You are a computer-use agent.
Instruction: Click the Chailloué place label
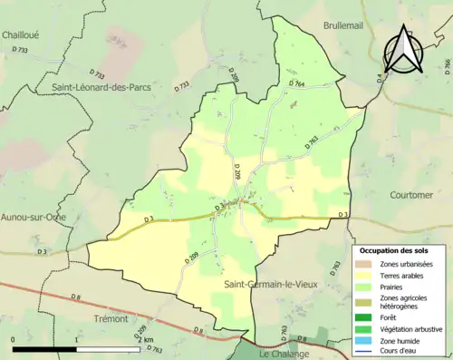point(20,34)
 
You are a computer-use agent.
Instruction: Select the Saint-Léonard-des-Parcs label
point(101,87)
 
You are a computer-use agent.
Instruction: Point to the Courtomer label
point(410,194)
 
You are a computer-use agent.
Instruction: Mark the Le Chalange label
point(284,354)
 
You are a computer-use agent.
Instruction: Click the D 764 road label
point(298,83)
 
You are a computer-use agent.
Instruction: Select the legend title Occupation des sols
point(396,250)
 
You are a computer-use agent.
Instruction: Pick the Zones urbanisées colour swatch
point(365,264)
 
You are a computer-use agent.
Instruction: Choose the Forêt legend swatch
point(365,316)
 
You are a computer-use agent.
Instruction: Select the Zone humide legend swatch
point(365,339)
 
